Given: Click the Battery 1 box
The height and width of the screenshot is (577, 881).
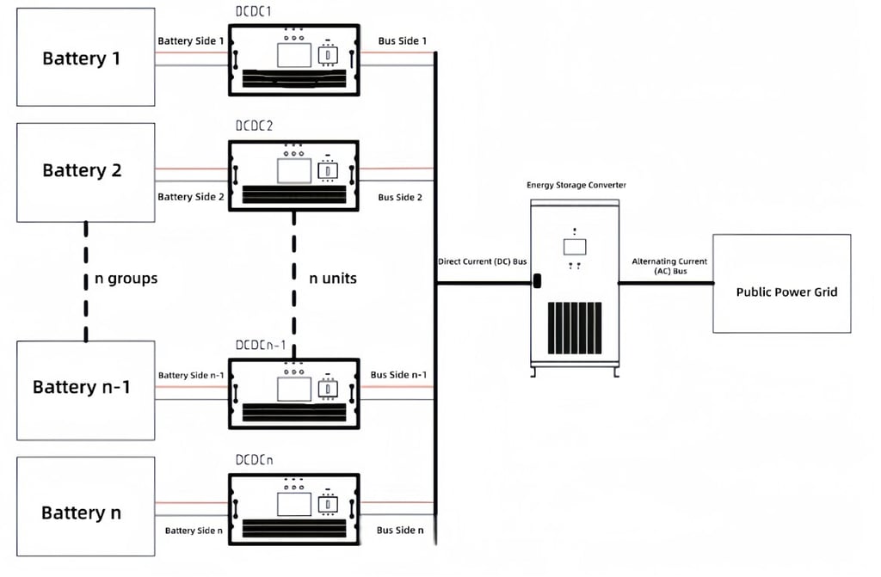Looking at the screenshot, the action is (86, 57).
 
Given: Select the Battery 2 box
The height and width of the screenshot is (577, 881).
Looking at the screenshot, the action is (86, 173).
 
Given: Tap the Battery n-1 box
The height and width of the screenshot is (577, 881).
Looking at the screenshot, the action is (86, 390).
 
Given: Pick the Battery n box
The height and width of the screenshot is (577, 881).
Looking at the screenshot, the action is (86, 506).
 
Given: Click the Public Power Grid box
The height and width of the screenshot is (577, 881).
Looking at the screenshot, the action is (782, 284).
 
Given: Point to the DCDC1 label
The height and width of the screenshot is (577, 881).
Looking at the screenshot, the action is (254, 12).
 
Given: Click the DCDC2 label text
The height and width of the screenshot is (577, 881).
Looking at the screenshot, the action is (254, 126).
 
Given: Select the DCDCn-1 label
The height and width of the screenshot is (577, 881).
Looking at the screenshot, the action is (261, 345).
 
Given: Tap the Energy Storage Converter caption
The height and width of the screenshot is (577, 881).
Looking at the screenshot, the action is (576, 185).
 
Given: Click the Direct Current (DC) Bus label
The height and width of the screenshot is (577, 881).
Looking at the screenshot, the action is (483, 261).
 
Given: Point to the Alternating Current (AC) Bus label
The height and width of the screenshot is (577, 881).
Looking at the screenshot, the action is (669, 266).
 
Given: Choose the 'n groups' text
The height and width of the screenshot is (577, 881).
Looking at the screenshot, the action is (126, 279).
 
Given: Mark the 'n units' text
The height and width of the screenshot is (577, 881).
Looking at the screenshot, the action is (333, 278).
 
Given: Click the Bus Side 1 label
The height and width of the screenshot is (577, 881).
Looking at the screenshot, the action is (403, 41).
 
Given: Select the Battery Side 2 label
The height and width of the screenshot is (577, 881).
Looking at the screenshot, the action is (191, 197).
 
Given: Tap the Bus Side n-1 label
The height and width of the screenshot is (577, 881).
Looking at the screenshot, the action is (398, 375).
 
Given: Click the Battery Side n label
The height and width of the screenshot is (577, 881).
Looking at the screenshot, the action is (194, 531).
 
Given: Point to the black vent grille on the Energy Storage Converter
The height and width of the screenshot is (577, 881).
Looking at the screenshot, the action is (575, 328).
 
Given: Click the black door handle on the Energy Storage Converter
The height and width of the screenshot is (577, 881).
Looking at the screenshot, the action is (537, 280).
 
